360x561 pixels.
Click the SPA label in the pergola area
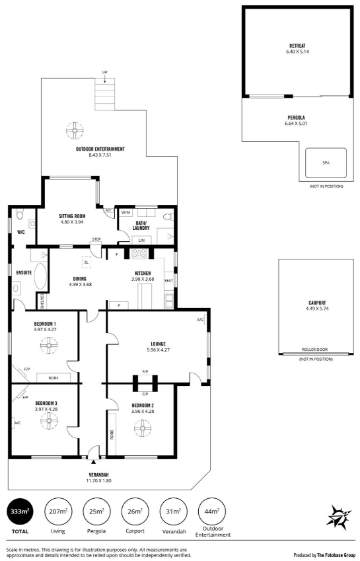click(326, 163)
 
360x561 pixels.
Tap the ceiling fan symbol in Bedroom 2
click(143, 428)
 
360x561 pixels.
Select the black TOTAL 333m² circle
click(20, 511)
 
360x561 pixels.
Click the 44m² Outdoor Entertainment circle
click(211, 511)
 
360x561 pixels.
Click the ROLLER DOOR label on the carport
click(314, 350)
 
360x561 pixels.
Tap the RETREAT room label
click(297, 46)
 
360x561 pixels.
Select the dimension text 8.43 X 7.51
click(100, 155)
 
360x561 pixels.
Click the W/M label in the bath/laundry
click(126, 213)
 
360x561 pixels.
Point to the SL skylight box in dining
click(86, 262)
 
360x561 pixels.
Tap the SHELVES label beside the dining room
click(42, 301)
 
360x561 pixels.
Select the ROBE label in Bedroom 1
click(54, 378)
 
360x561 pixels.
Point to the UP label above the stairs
click(105, 72)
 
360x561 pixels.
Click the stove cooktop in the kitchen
click(139, 253)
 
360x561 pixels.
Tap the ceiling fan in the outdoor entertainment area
click(75, 131)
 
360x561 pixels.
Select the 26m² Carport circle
click(135, 511)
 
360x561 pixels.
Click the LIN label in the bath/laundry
click(141, 241)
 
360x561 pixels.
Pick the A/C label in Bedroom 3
click(18, 423)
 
